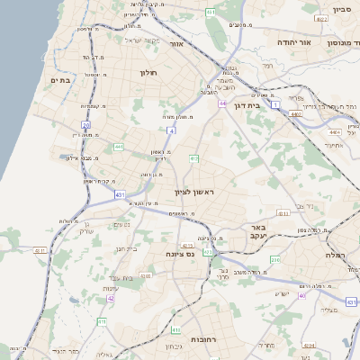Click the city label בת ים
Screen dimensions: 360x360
click(60, 80)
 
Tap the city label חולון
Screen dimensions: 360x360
click(148, 71)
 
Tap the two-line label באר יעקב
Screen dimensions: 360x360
click(258, 232)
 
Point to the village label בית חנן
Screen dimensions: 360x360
click(126, 248)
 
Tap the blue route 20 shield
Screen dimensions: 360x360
click(85, 125)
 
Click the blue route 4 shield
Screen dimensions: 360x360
click(171, 130)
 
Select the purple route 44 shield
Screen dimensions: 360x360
click(221, 103)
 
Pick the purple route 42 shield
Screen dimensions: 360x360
click(111, 298)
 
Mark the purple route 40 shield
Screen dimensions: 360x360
click(302, 295)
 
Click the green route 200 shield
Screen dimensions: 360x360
click(275, 260)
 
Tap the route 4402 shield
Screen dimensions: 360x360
click(296, 114)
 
